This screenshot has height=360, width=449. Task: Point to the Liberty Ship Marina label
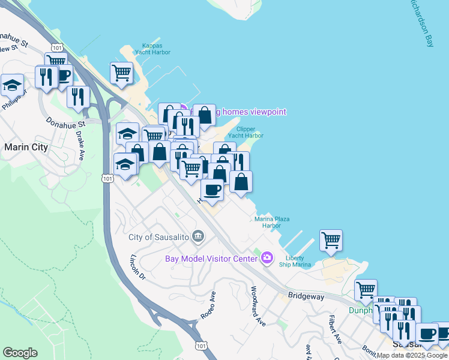[298, 261]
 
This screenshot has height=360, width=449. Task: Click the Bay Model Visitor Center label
[211, 259]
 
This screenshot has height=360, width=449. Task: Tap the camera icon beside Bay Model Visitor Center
[267, 259]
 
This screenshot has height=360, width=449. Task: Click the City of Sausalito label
[158, 237]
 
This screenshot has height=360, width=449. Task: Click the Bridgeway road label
[306, 296]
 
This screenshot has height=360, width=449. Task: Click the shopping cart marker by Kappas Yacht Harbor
[121, 73]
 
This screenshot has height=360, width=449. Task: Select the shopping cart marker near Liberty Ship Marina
[331, 240]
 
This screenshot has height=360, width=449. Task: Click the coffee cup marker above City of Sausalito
[211, 189]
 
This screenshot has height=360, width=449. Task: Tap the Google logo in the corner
[20, 353]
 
